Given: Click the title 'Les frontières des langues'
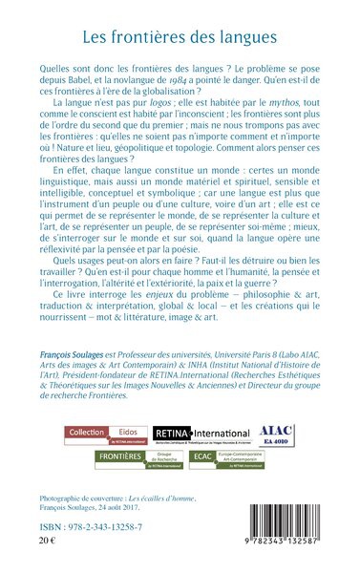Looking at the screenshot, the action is pyautogui.click(x=180, y=39).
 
